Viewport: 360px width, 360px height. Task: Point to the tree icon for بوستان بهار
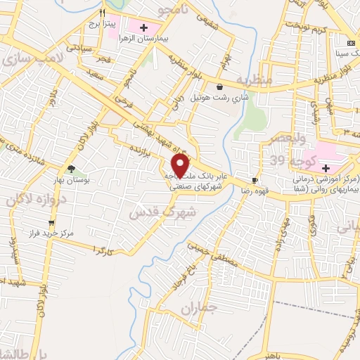70,168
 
